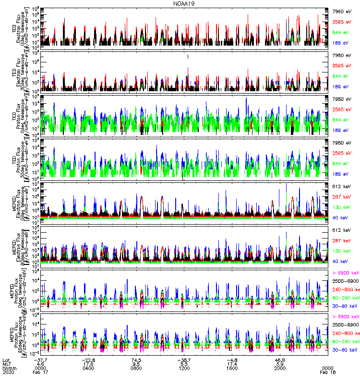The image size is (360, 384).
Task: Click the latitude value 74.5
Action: pyautogui.click(x=136, y=359)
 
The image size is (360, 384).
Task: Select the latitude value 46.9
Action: pyautogui.click(x=280, y=359)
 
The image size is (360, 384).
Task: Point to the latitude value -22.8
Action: pyautogui.click(x=87, y=359)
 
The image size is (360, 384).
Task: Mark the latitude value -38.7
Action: pyautogui.click(x=183, y=359)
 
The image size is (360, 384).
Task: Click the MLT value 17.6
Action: pyautogui.click(x=88, y=363)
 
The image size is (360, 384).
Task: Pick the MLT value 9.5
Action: pyautogui.click(x=136, y=363)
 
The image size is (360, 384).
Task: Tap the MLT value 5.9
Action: pyautogui.click(x=280, y=363)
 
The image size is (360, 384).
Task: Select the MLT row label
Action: pyautogui.click(x=6, y=363)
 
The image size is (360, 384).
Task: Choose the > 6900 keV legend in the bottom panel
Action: pyautogui.click(x=345, y=317)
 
